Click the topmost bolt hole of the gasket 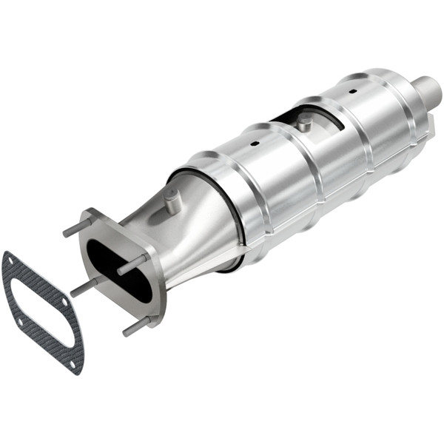10,260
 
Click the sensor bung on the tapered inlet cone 172,201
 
